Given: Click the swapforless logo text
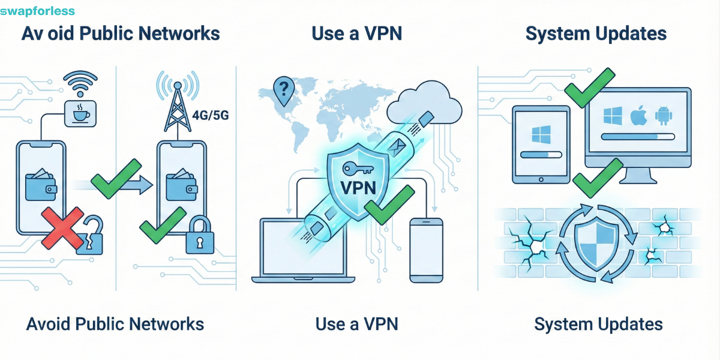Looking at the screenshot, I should [x=38, y=11].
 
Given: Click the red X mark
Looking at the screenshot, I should [x=62, y=228].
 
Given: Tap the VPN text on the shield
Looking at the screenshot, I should [x=358, y=187].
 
